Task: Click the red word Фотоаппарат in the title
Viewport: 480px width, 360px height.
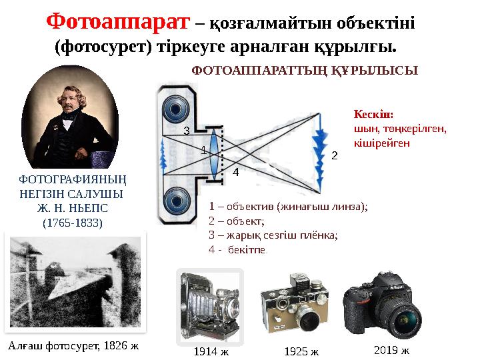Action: point(117,23)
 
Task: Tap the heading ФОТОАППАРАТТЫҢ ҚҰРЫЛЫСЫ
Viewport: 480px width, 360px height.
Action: point(305,69)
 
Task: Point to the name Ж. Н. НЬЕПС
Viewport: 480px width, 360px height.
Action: point(72,208)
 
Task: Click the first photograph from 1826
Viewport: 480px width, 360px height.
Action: point(73,283)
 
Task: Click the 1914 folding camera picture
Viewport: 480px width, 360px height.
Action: point(209,303)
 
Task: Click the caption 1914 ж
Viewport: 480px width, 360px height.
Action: point(210,351)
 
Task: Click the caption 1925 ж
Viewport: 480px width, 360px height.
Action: point(301,351)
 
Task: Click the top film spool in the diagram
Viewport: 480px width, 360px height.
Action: point(177,109)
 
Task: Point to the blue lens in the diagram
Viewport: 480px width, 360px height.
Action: point(214,153)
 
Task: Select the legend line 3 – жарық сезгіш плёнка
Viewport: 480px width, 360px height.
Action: point(273,235)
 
